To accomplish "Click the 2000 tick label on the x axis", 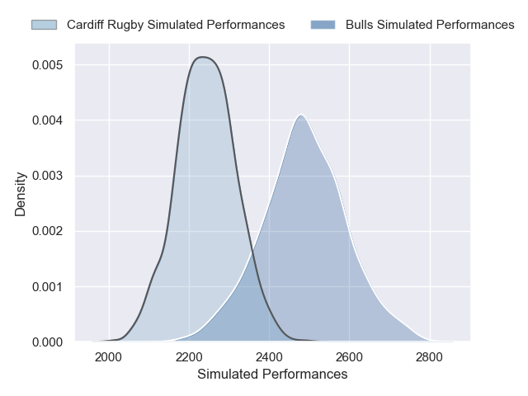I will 109,357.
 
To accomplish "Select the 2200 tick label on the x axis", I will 189,357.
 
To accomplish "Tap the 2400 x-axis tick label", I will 269,357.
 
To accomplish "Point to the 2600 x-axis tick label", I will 349,357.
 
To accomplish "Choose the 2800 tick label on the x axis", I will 429,357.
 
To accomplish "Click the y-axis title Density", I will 21,195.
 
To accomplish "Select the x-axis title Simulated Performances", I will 272,375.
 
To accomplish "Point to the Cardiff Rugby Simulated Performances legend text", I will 176,25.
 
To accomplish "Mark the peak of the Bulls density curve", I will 302,115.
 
